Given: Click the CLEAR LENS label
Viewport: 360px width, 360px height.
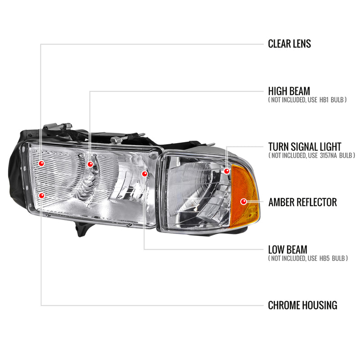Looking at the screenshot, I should (x=289, y=44).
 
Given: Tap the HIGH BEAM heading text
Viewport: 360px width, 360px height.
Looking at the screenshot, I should (x=289, y=91).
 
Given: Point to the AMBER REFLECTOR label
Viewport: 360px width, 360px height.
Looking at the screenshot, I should (x=302, y=202).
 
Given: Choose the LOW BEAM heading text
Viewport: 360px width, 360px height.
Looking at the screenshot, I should (x=288, y=249).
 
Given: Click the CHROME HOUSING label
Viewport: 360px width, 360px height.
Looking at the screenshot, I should (x=302, y=305).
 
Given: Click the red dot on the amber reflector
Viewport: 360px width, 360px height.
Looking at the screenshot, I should (x=243, y=202).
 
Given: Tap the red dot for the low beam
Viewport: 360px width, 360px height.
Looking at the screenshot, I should (x=144, y=174).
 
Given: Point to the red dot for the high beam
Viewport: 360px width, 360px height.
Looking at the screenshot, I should (x=90, y=164).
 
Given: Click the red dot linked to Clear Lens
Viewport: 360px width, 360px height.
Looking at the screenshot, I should (x=41, y=163).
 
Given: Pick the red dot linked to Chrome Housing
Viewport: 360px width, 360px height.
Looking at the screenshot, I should (x=41, y=195).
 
